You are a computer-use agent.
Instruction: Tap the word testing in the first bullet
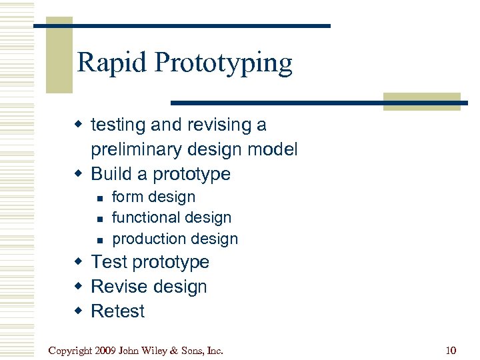[118, 125]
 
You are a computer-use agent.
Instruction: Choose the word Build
[111, 174]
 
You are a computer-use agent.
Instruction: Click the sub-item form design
[153, 197]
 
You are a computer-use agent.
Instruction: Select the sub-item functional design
[171, 218]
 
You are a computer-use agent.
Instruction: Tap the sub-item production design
[175, 239]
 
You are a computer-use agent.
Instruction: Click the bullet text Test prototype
[149, 263]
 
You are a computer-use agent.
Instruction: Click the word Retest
[117, 311]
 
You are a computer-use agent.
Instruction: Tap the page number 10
[450, 350]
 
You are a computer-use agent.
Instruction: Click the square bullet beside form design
[99, 198]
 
